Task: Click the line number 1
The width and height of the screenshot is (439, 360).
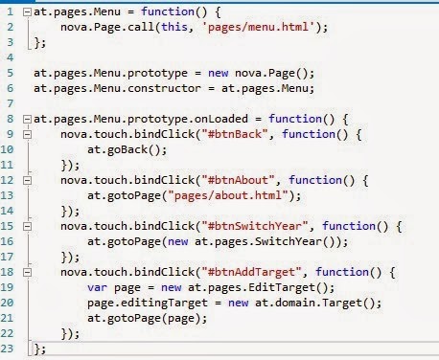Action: pos(10,11)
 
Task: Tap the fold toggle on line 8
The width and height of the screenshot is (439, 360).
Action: pos(28,120)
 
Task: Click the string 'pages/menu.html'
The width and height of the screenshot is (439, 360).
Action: pos(258,27)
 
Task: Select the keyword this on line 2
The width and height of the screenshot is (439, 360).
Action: pos(174,27)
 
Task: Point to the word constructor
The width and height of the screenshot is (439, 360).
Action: pos(164,88)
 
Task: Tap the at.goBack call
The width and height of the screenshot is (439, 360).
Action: pos(127,149)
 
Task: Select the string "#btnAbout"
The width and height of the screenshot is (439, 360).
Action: pos(238,180)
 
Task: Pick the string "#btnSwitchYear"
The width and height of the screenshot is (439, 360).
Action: pos(255,226)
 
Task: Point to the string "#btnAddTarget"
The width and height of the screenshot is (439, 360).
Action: pos(251,272)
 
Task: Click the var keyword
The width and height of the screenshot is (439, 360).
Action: pos(98,287)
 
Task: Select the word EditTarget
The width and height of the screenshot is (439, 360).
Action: pos(282,287)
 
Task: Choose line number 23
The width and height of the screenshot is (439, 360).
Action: pos(7,349)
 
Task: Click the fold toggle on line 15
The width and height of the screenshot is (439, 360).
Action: pos(28,226)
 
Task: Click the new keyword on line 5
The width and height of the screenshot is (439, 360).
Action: pos(218,73)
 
